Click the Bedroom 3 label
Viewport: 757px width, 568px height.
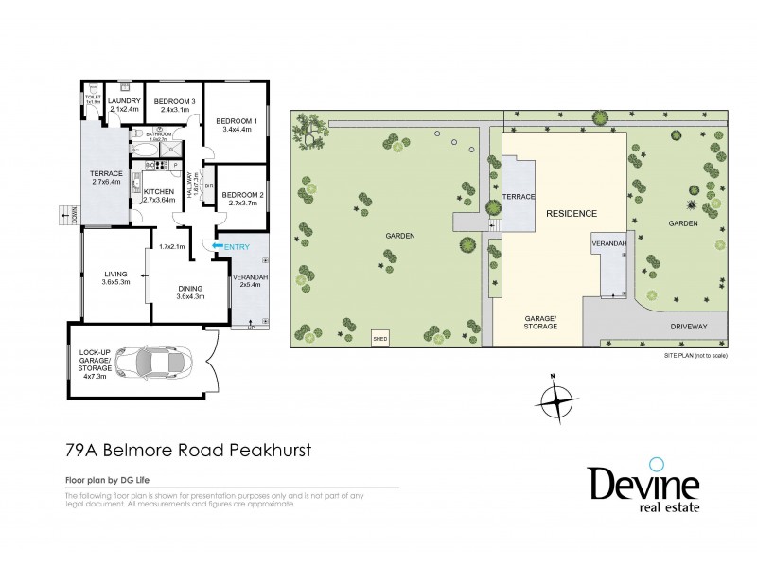pyautogui.click(x=175, y=106)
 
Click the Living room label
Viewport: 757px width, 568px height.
pyautogui.click(x=114, y=276)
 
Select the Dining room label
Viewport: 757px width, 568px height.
pyautogui.click(x=189, y=295)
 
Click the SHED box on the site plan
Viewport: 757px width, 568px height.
pyautogui.click(x=381, y=336)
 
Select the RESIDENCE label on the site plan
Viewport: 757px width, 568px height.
pyautogui.click(x=572, y=214)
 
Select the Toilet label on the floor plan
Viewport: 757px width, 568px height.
pyautogui.click(x=93, y=99)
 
